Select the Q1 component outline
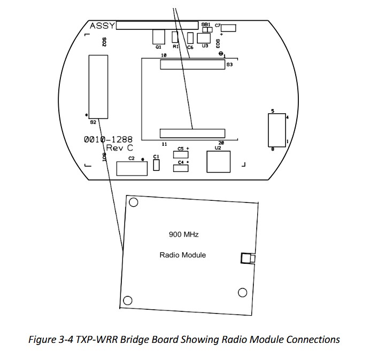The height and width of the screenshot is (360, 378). [x=158, y=36]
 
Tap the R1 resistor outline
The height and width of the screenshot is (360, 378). [x=175, y=37]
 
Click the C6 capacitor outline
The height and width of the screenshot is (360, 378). [x=190, y=37]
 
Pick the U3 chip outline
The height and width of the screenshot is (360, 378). [x=204, y=38]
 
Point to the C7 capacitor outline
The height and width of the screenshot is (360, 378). [x=229, y=28]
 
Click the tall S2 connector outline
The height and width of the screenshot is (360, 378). [x=98, y=86]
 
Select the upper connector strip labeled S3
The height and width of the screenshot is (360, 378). [x=193, y=65]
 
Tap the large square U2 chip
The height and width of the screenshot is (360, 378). [x=218, y=162]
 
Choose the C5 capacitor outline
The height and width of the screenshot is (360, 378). [x=181, y=155]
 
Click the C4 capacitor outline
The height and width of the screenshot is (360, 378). [x=181, y=168]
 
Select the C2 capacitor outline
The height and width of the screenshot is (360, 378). [x=132, y=169]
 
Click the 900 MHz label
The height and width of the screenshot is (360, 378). [x=184, y=234]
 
